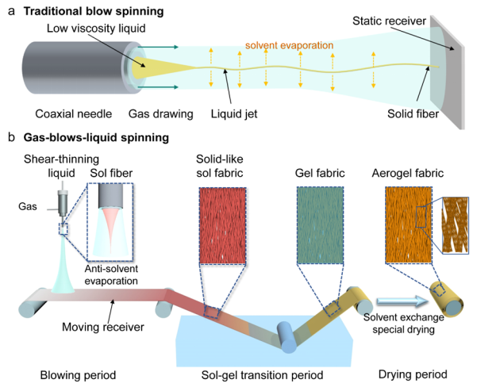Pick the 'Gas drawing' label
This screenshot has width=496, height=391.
[x=160, y=114]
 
